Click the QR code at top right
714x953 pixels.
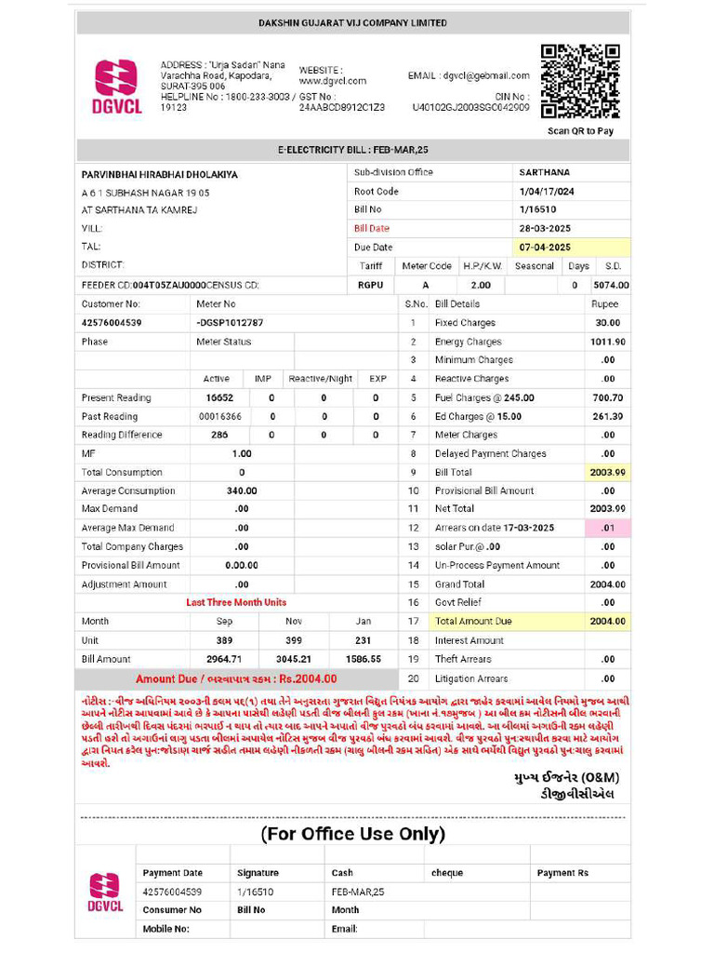pyautogui.click(x=580, y=82)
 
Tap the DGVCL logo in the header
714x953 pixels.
pyautogui.click(x=116, y=86)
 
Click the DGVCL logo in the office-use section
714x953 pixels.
pyautogui.click(x=104, y=893)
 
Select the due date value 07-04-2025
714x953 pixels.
pyautogui.click(x=545, y=248)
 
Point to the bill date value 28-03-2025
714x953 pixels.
pyautogui.click(x=545, y=229)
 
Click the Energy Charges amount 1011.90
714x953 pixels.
pyautogui.click(x=607, y=342)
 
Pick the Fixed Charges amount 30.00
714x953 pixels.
pyautogui.click(x=608, y=323)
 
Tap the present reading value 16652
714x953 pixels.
pyautogui.click(x=219, y=397)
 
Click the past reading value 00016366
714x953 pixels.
pyautogui.click(x=220, y=416)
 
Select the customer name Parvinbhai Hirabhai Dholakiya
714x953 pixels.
pyautogui.click(x=159, y=174)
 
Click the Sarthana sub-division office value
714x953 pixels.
pyautogui.click(x=545, y=172)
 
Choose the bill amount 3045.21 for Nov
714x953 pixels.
pyautogui.click(x=294, y=659)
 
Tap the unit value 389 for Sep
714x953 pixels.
pyautogui.click(x=224, y=640)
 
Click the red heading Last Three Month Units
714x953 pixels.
pyautogui.click(x=236, y=602)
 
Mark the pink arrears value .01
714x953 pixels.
pyautogui.click(x=608, y=528)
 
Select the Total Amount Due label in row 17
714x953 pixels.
pyautogui.click(x=473, y=621)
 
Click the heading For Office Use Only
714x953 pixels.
pyautogui.click(x=352, y=834)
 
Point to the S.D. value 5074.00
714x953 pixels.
pyautogui.click(x=611, y=285)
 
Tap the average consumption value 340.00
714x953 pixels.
pyautogui.click(x=242, y=490)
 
